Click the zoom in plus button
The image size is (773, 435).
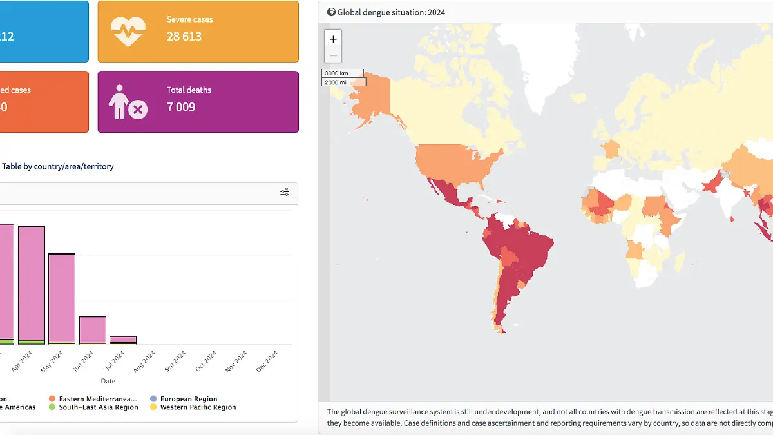[333, 39]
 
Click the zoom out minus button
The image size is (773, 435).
[333, 55]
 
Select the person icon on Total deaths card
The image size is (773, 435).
[127, 102]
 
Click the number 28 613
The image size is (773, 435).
[184, 37]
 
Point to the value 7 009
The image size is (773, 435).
[181, 107]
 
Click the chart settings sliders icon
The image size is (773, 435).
[285, 192]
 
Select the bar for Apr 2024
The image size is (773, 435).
[32, 284]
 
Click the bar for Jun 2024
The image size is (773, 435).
[93, 330]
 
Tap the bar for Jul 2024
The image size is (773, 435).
[123, 340]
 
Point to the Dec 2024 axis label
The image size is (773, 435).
[267, 362]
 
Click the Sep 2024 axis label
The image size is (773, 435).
[175, 362]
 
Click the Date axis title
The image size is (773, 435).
[108, 382]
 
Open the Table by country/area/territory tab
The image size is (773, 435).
[58, 166]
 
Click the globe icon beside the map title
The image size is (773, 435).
[331, 12]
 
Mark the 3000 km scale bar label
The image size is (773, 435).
[336, 73]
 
